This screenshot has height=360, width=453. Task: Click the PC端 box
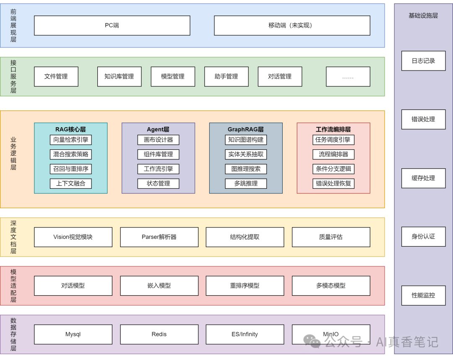[112, 26]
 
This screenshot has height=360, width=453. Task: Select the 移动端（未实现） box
[292, 26]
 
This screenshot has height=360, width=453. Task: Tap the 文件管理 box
[56, 77]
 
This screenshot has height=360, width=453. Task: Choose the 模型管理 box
[173, 77]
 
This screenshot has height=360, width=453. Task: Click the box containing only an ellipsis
[348, 77]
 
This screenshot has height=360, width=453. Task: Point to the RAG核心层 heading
[70, 129]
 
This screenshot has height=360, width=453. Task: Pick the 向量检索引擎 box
[70, 140]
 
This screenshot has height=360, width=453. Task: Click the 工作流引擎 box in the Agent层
[158, 169]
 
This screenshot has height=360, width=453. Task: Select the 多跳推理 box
[246, 183]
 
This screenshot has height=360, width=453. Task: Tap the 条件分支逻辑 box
[333, 169]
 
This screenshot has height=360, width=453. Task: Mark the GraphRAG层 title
[246, 129]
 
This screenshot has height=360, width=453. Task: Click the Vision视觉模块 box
[73, 237]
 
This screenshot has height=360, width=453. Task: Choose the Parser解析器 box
[159, 237]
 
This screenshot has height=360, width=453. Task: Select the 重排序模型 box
[245, 286]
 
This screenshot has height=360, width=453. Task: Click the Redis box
[159, 334]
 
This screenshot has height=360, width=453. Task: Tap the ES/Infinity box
[245, 334]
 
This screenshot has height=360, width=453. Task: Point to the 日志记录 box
[423, 61]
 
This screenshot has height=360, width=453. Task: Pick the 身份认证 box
[423, 237]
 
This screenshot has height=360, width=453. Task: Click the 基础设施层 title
[423, 16]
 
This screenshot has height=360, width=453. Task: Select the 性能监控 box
[423, 295]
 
